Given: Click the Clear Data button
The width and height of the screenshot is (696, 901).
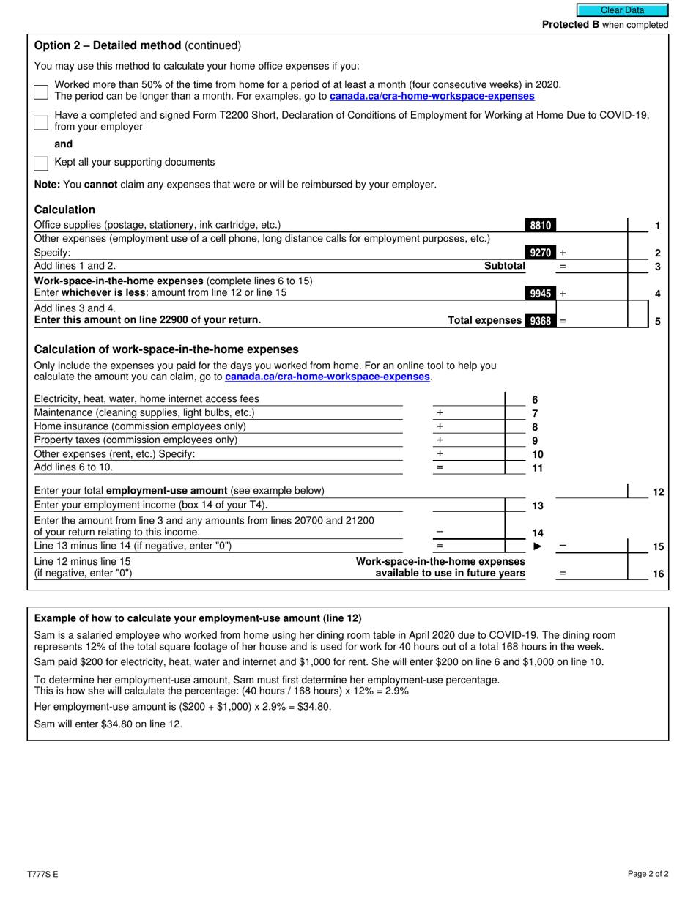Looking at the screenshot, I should pos(622,10).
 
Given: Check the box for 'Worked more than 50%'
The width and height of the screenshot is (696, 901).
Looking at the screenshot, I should pos(41,92).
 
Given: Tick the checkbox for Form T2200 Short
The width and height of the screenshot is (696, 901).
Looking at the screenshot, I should pos(41,122).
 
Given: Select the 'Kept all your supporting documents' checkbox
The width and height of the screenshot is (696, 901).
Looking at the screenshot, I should pos(41,163).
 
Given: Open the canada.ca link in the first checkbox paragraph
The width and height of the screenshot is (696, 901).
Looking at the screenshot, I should pos(432,96).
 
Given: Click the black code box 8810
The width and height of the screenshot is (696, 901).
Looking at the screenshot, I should pos(540,226).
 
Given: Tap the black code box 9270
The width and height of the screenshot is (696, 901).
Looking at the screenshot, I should pos(540,253).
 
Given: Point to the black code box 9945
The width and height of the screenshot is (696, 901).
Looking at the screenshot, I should pos(540,294).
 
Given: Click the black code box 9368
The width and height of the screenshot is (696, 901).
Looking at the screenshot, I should pos(540,320).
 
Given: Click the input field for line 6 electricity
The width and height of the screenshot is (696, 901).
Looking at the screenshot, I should pos(468,399).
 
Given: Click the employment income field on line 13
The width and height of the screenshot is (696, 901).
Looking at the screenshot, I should pos(468,505).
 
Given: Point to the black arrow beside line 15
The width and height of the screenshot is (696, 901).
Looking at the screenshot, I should pos(538,546).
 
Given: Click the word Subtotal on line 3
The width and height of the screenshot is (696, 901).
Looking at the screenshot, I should pos(505,267).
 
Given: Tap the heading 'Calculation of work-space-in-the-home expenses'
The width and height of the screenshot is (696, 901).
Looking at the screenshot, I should pos(166,349).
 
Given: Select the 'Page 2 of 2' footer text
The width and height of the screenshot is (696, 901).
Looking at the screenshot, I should pos(648,874).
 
